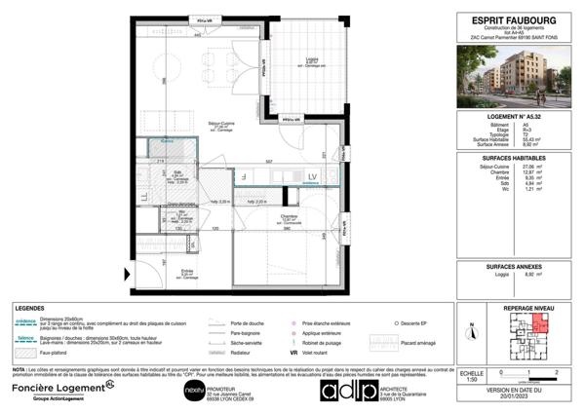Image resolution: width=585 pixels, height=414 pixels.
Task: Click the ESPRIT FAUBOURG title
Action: [x=514, y=16]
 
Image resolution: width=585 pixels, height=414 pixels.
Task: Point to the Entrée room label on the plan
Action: [x=186, y=273]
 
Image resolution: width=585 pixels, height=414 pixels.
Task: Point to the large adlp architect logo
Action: [x=348, y=390]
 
